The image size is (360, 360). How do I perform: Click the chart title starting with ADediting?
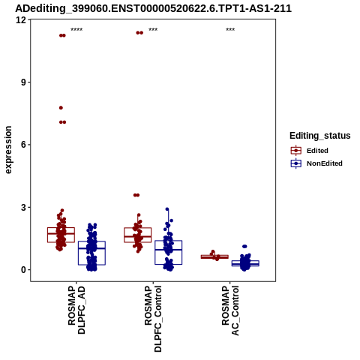tap(153, 8)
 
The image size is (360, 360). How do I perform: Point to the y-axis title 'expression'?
tap(8, 150)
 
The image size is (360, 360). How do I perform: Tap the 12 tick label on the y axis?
tap(21, 19)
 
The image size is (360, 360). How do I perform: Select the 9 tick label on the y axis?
tap(24, 82)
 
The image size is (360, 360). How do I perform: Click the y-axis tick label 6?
tap(24, 145)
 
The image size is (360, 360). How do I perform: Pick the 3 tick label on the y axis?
tap(24, 207)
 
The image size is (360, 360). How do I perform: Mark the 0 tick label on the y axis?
tap(24, 270)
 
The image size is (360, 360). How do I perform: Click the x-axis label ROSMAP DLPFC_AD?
tap(76, 310)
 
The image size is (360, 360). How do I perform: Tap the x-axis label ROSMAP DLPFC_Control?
tap(153, 319)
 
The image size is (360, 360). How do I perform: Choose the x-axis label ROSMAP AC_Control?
tap(230, 310)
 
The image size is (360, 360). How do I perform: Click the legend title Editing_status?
tap(320, 136)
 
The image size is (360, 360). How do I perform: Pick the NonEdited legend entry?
tap(316, 163)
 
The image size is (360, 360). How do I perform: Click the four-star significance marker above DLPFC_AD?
tap(76, 30)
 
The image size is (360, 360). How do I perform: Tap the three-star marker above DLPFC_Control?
tap(153, 30)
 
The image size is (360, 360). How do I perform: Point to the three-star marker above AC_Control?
tap(230, 30)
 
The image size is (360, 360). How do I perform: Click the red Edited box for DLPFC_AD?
tap(61, 228)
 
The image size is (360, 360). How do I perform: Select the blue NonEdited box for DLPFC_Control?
tap(168, 241)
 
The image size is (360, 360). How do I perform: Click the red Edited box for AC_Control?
tap(214, 256)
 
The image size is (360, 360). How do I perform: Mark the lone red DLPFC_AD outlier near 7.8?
tap(61, 108)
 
